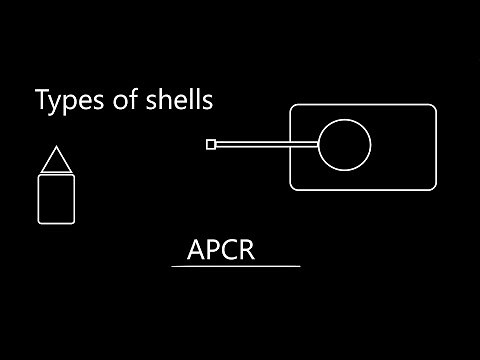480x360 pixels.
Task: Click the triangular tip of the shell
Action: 56,163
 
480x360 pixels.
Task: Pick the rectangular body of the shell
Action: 56,200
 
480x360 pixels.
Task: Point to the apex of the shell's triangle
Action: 56,148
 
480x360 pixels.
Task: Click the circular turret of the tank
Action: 344,145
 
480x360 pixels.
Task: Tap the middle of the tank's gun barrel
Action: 266,145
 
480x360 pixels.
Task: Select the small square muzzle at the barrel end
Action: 210,145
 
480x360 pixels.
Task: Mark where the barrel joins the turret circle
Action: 318,145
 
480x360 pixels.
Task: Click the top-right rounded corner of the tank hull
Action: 433,108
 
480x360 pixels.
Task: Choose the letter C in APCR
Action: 230,250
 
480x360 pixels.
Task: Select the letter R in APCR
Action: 247,250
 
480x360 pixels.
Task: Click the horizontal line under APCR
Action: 236,267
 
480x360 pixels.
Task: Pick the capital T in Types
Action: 41,101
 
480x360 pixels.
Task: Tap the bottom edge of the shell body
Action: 56,223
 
